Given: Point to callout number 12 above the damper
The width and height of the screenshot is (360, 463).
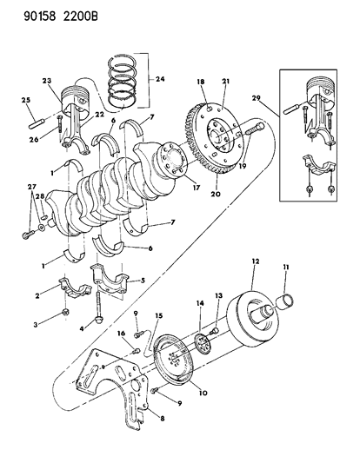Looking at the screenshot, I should coord(255,261).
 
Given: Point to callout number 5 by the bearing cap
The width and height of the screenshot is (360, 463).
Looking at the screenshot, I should coord(144,280).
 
